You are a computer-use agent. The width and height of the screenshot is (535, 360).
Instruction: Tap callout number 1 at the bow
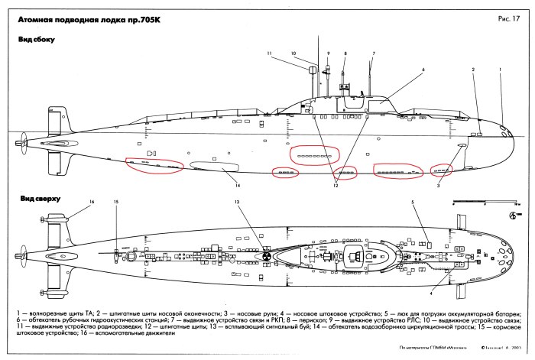point(501,70)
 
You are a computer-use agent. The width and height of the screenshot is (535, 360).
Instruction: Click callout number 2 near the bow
point(474,70)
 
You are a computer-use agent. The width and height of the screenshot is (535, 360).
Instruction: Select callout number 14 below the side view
point(238,185)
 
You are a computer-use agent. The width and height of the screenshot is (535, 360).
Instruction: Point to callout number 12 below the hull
point(334,186)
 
